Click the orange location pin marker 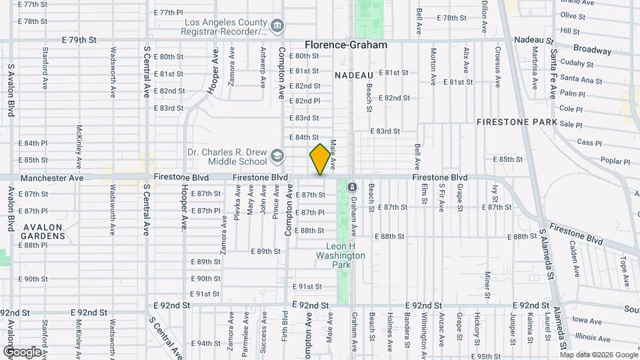(x=320, y=159)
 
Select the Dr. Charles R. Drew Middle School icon (x=277, y=157)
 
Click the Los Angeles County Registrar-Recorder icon (x=277, y=27)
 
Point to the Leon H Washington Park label (x=340, y=255)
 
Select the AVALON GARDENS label (x=43, y=231)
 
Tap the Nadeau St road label (x=541, y=40)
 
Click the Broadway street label (x=592, y=50)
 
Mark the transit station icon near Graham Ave (x=352, y=187)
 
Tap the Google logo (x=22, y=351)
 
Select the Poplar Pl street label (x=615, y=161)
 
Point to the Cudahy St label (x=577, y=64)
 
